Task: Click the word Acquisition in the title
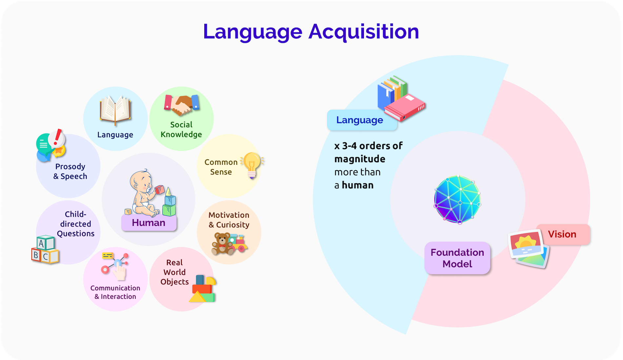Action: click(x=364, y=32)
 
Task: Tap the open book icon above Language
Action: click(x=115, y=110)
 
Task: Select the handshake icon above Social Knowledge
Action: click(x=182, y=105)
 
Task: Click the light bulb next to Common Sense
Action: click(x=252, y=165)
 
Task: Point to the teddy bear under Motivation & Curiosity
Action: click(x=222, y=243)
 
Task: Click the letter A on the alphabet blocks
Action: click(x=41, y=244)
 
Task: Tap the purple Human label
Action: click(x=149, y=223)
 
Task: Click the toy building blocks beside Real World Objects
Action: click(x=203, y=289)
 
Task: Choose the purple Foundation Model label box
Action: click(x=457, y=258)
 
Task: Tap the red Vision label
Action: click(x=563, y=234)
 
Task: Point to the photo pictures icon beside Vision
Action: click(x=529, y=249)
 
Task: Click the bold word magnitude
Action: click(x=360, y=159)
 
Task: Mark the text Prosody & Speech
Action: click(x=70, y=171)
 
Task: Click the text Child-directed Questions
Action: click(x=76, y=224)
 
